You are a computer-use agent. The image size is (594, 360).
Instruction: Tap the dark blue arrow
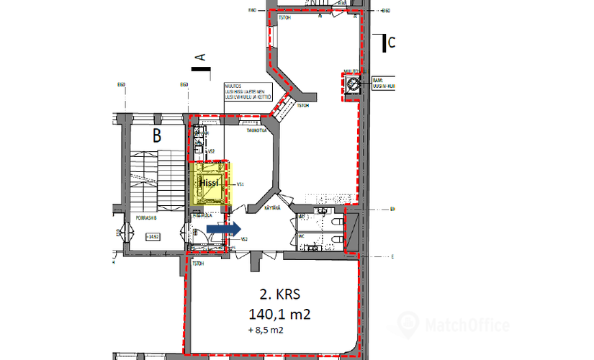coord(224,229)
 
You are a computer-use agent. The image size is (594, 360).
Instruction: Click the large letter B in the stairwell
coord(155,135)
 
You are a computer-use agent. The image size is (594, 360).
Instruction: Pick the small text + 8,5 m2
coord(265,332)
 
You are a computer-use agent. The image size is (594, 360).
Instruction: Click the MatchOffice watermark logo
coord(454,325)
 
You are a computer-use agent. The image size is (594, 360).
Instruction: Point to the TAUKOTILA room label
coord(256,131)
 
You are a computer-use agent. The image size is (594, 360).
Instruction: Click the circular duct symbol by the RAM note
coord(354,84)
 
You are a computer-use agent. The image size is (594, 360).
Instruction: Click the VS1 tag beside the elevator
coord(240,184)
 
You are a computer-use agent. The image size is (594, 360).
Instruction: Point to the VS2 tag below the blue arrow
coord(244,240)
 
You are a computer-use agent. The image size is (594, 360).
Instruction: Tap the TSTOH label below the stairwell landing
coord(198,263)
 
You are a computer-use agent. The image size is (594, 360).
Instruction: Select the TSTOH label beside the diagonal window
coord(303,106)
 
